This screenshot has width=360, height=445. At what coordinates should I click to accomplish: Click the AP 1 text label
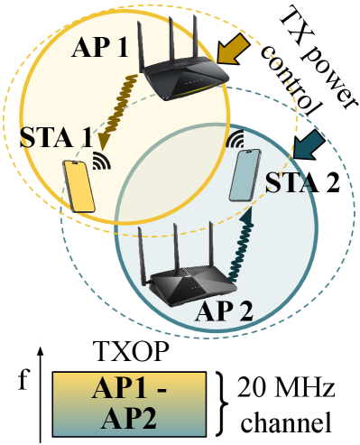point(101,47)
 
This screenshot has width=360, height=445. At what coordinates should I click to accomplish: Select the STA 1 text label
point(56,140)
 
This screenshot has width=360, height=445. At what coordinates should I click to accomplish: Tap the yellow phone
point(78,186)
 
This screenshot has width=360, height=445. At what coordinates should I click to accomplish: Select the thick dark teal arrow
point(310,144)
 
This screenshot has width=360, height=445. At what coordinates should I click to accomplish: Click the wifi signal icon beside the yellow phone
point(102,162)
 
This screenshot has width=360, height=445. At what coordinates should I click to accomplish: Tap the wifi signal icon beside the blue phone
point(235,139)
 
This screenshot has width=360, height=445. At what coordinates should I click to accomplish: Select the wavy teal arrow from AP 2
point(242,243)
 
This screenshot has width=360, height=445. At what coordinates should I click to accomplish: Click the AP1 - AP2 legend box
point(130,403)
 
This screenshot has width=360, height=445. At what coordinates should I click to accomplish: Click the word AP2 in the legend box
point(130,419)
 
